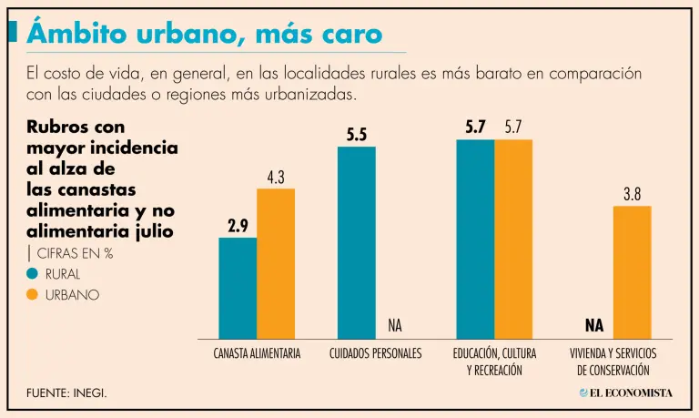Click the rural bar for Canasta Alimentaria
tap(238, 288)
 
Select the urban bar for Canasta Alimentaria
tap(276, 263)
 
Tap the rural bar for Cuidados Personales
tap(356, 242)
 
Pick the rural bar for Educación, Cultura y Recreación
tap(475, 239)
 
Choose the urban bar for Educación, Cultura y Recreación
tap(513, 239)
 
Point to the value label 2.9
tap(238, 226)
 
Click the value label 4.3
tap(276, 177)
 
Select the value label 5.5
tap(356, 135)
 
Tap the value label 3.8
tap(632, 194)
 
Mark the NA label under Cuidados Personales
tap(394, 325)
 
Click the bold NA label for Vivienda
tap(594, 325)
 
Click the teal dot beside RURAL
tap(33, 273)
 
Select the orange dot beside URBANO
tap(33, 295)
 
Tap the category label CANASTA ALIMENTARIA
tap(257, 353)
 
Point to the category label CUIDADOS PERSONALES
tap(375, 353)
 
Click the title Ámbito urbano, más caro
tap(204, 34)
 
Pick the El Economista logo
tap(625, 393)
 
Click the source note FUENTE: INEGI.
tap(66, 393)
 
